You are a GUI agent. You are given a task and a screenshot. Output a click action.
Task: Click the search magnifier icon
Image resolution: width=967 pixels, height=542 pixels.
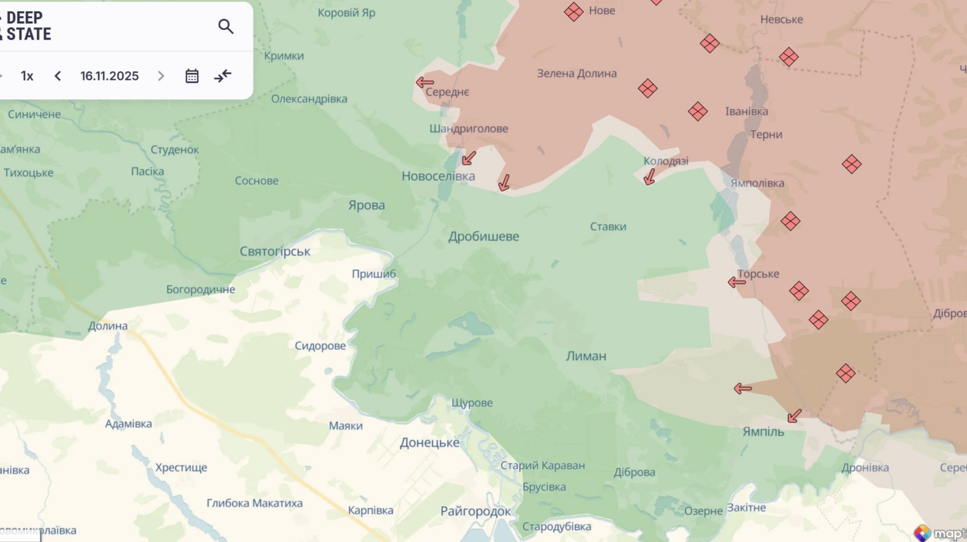(x=226, y=27)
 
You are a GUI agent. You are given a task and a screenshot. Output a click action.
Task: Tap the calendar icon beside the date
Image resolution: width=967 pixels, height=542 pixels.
(x=192, y=76)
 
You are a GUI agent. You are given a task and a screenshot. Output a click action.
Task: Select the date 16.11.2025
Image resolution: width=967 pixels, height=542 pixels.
(x=109, y=76)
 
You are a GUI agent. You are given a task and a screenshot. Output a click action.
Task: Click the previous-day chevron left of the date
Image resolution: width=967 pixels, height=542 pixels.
(x=58, y=76)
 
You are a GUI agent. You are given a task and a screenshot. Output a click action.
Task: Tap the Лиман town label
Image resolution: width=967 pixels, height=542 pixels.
(x=586, y=356)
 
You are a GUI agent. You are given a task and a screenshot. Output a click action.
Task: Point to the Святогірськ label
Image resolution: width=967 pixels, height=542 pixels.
(x=275, y=251)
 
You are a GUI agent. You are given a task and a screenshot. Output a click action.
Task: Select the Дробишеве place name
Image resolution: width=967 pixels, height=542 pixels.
(x=483, y=236)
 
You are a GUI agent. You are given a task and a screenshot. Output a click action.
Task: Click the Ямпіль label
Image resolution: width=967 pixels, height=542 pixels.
(x=763, y=432)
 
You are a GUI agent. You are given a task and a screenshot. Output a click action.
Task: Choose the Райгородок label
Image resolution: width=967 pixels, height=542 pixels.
(x=476, y=511)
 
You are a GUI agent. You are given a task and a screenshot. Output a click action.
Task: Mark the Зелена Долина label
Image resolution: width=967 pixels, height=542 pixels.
(x=576, y=73)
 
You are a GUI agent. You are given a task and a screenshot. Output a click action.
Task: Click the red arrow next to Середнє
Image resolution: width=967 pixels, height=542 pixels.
(x=425, y=82)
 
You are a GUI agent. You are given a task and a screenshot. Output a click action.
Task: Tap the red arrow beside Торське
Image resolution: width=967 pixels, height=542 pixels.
(x=736, y=282)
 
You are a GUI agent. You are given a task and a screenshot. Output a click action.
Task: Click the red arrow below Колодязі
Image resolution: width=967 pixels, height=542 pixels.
(x=649, y=177)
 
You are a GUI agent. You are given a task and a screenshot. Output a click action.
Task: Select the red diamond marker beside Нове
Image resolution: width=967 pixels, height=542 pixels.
(x=573, y=12)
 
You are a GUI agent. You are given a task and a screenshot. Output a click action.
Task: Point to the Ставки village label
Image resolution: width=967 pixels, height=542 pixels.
(x=608, y=227)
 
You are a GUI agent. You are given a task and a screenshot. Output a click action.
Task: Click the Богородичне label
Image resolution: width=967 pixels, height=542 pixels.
(x=200, y=290)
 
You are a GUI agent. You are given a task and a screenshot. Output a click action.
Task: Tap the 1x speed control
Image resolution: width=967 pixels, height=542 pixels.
(x=27, y=76)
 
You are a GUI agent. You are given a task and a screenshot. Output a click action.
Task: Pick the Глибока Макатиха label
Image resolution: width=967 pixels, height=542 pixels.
(x=255, y=503)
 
